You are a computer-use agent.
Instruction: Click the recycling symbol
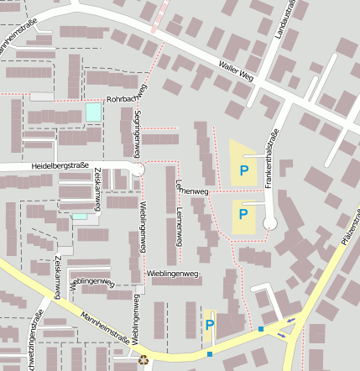coord(143,360)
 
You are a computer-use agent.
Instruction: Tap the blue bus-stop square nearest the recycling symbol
coord(210,353)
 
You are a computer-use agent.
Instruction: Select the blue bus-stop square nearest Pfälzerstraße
coord(261,328)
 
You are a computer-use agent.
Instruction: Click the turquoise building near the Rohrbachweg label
coord(92,112)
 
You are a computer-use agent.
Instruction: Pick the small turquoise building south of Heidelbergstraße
coord(80,217)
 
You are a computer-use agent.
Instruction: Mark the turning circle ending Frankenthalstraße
coord(269,222)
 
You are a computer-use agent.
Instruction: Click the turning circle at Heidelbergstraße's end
coord(138,170)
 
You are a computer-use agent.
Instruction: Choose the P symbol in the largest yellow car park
coord(244,171)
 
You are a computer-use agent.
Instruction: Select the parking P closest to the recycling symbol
coord(210,326)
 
